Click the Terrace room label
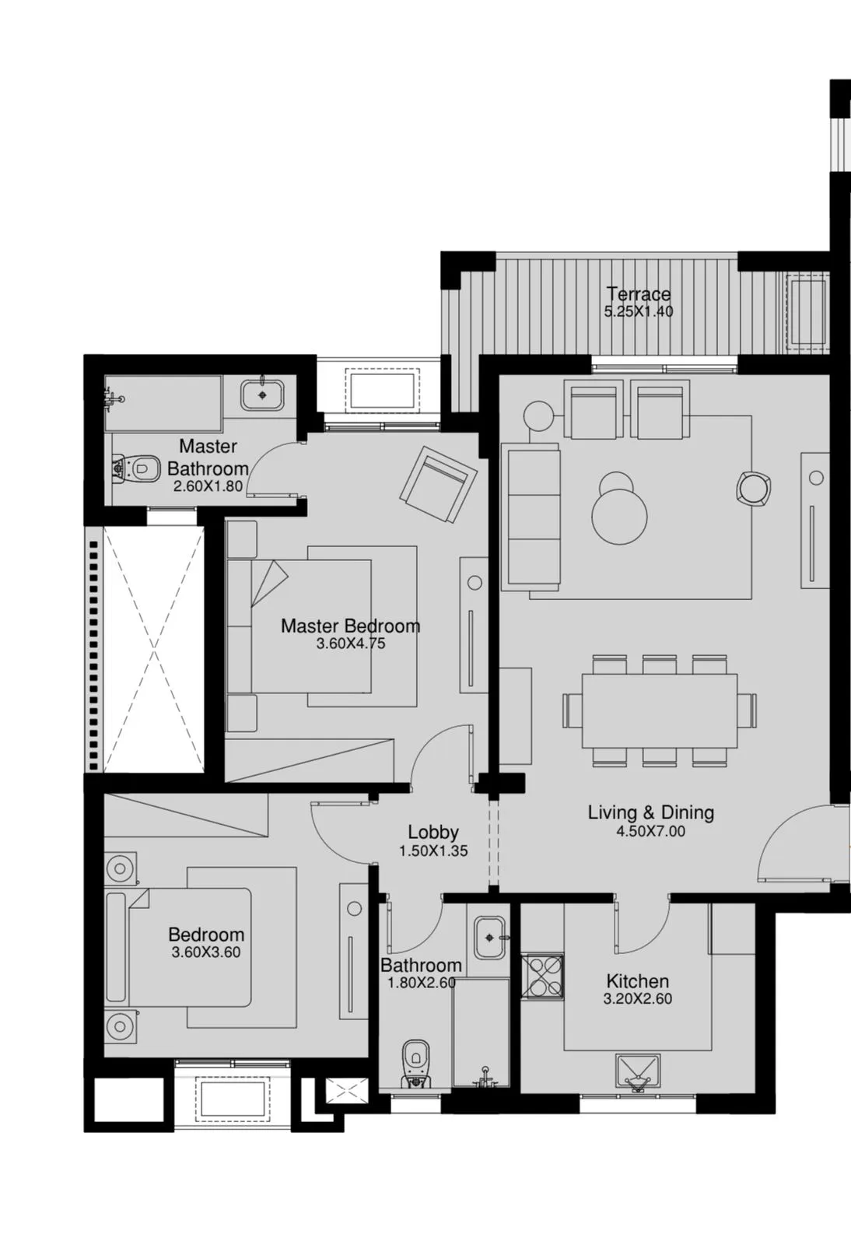pos(638,294)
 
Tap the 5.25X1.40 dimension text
pos(638,312)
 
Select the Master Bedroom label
pos(350,626)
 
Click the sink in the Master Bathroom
pos(263,395)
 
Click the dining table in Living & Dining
pos(660,710)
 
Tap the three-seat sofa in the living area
pos(531,517)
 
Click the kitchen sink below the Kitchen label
pos(638,1074)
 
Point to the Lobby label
pos(433,833)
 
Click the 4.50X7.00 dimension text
pos(650,832)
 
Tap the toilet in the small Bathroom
pos(416,1063)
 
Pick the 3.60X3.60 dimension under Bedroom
pos(206,952)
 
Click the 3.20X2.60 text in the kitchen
pos(637,999)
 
